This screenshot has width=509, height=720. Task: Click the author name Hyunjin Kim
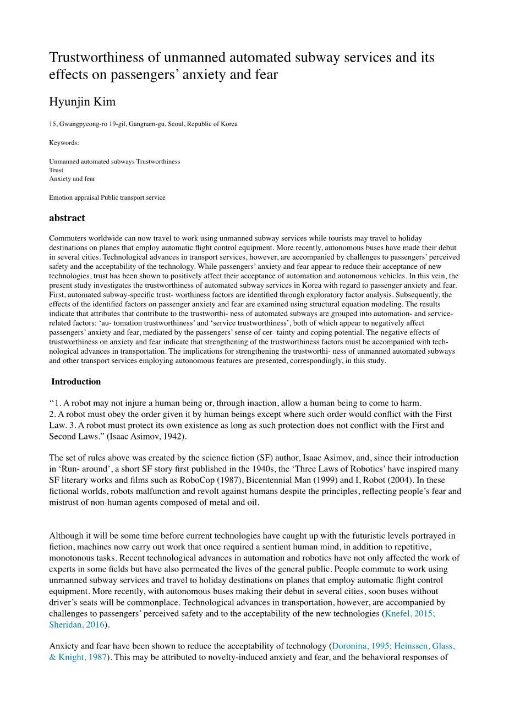[x=82, y=102]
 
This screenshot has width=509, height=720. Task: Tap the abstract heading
[x=67, y=218]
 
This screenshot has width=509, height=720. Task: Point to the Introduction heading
[x=76, y=382]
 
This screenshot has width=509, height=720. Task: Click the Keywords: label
[x=64, y=142]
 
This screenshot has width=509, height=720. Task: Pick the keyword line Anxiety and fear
[x=72, y=179]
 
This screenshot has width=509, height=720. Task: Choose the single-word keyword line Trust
[x=56, y=170]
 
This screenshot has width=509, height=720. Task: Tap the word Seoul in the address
[x=177, y=124]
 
